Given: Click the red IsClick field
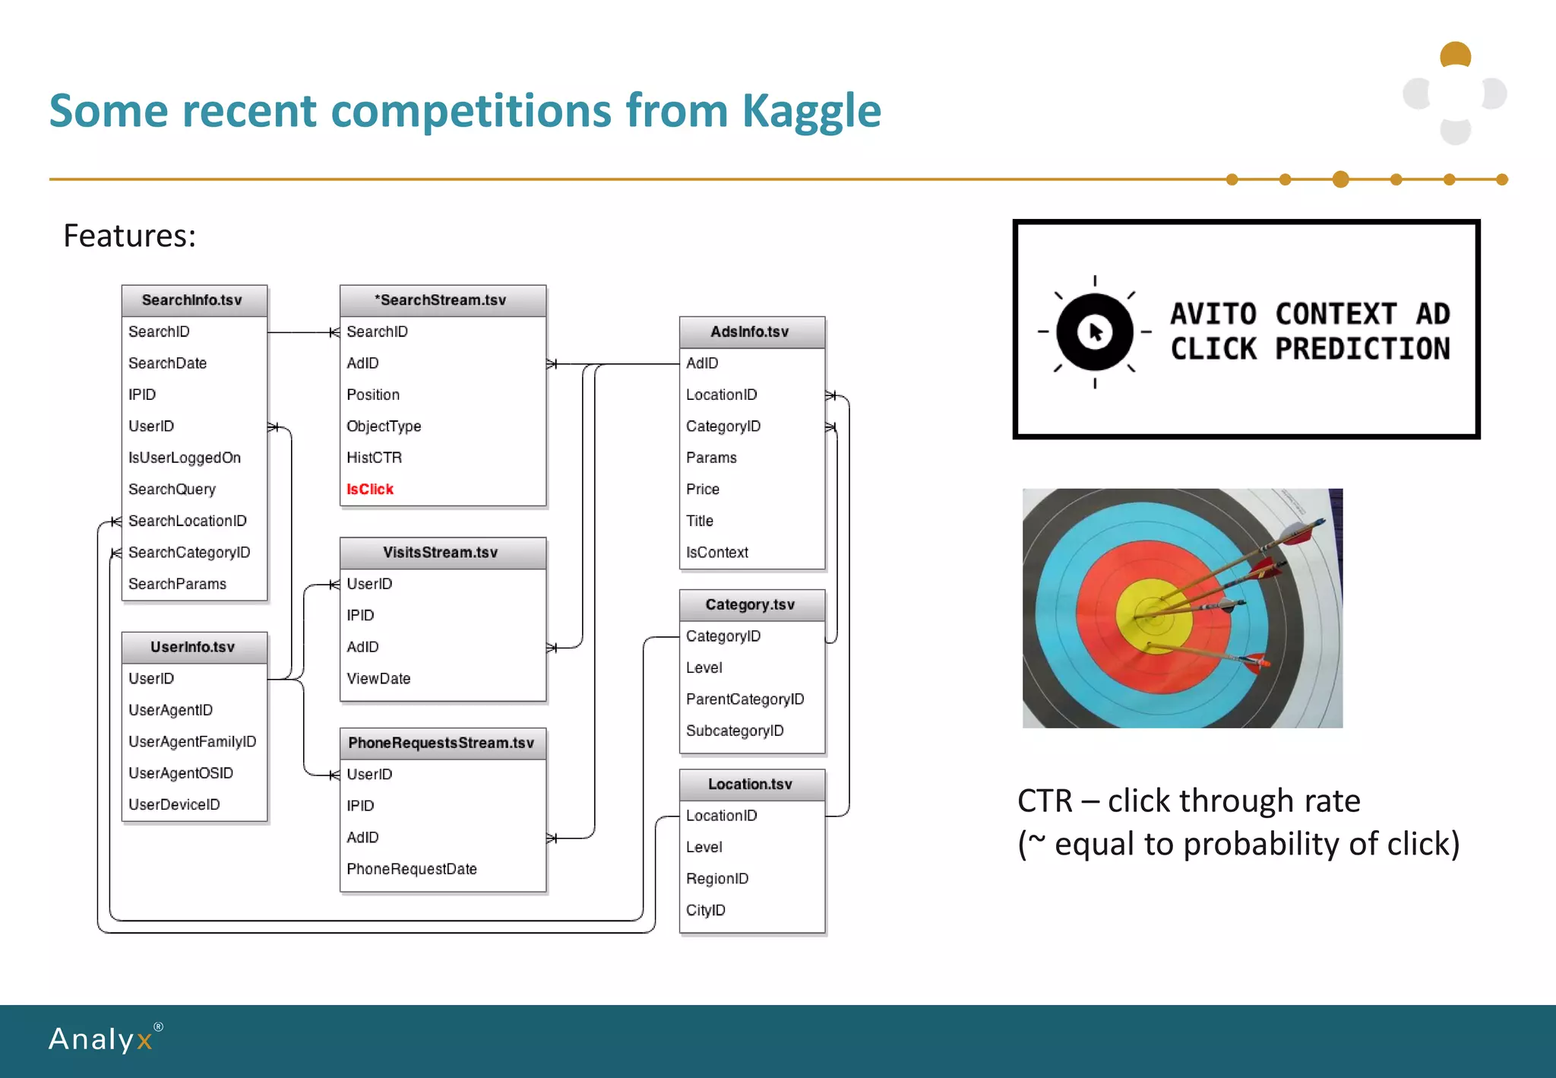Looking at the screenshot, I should pos(370,490).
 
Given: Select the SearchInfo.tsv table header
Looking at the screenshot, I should pos(192,300).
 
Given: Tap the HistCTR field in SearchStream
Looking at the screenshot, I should pos(374,458).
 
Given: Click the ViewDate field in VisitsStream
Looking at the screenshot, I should pos(378,679).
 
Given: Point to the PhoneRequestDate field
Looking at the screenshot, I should pos(411,869).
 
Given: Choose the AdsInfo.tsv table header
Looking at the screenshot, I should pos(750,332).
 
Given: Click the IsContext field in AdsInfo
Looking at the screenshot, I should pos(716,553).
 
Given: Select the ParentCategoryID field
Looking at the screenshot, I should pos(745,699).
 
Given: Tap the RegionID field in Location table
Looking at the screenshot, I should pos(716,879).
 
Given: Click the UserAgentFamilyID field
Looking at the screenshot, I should pos(192,742).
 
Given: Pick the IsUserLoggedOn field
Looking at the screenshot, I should pos(185,458).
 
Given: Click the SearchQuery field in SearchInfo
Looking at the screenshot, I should pos(172,490).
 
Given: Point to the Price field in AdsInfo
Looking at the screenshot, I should pos(702,490).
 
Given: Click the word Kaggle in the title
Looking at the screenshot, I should pos(811,111).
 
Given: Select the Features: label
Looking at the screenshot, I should pos(130,236).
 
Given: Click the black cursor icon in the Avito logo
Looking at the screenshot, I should pos(1095,332).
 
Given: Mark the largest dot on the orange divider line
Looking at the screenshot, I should pos(1341,179).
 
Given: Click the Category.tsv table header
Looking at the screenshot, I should pos(750,605).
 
